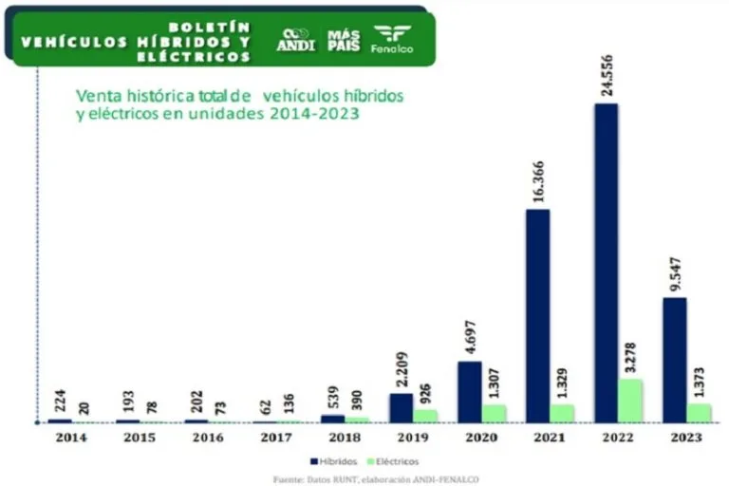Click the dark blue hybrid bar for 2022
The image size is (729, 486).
pos(606,262)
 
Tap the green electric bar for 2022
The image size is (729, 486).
pos(630,401)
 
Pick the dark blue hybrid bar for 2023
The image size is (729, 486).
pos(674,360)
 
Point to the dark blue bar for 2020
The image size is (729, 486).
pos(469,391)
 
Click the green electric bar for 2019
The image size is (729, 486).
pos(425,416)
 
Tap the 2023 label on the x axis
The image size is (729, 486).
pos(685,437)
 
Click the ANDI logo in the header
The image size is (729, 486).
pos(295,39)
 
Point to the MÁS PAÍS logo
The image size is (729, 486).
pos(344,39)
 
